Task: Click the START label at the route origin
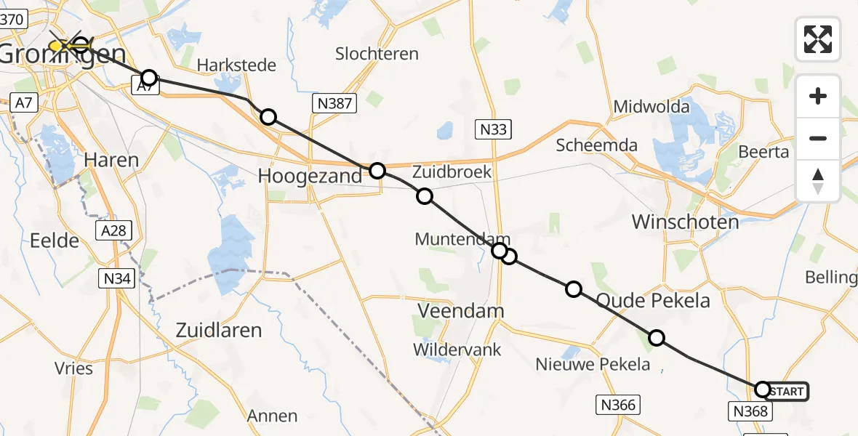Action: [786, 392]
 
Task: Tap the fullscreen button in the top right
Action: [818, 39]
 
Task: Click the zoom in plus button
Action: [818, 96]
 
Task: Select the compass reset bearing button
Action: [818, 181]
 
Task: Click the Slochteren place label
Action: [377, 54]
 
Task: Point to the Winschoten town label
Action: [685, 222]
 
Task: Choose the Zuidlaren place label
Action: [219, 331]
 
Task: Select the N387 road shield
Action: [334, 104]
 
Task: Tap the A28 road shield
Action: [113, 231]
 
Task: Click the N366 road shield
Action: [618, 405]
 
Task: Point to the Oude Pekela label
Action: [653, 300]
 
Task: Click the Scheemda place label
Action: [596, 145]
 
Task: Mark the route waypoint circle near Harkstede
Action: [148, 78]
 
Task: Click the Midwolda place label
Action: [651, 107]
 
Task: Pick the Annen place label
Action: [272, 416]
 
